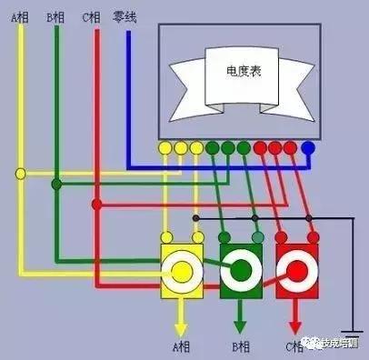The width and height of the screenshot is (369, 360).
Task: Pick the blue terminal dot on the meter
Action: (308, 146)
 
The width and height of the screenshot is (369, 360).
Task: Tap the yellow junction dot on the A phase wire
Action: (21, 172)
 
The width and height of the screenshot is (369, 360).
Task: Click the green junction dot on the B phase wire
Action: (56, 185)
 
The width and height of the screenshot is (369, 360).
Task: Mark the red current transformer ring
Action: (296, 270)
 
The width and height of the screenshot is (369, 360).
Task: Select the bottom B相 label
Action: (241, 346)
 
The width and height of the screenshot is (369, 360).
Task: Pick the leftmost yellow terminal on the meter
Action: (165, 146)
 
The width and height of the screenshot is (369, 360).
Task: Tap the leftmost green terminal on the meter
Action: (212, 146)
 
